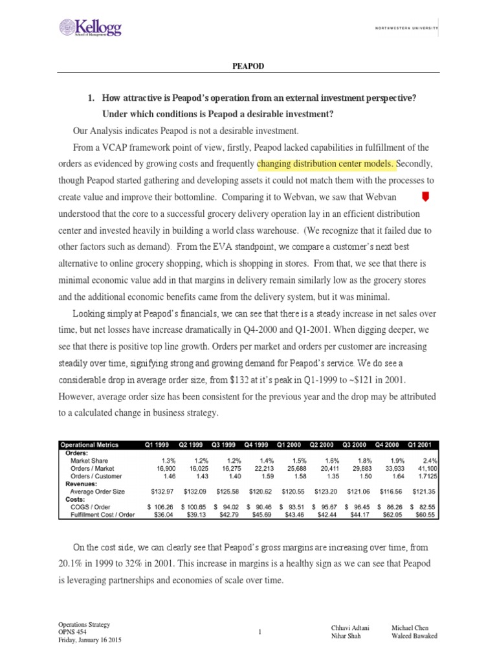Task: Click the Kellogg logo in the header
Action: click(90, 27)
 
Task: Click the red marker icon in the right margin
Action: click(425, 196)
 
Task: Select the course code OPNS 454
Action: click(72, 632)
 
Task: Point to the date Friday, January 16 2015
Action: click(89, 640)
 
